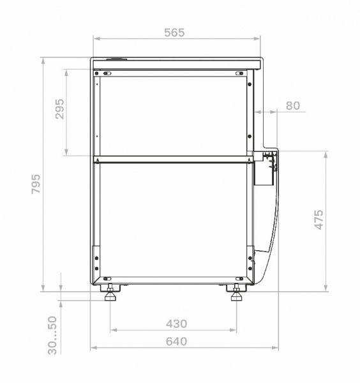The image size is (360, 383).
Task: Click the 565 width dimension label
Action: tap(174, 33)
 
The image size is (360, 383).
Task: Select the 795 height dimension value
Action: tap(36, 184)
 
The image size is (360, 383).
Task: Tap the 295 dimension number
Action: tap(59, 109)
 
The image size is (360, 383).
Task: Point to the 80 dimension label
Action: tap(292, 106)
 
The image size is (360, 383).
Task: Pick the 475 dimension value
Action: tap(319, 220)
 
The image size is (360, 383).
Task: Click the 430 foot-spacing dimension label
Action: tap(177, 324)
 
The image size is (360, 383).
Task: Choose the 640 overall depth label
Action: tap(176, 342)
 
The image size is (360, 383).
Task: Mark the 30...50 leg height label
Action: tap(52, 335)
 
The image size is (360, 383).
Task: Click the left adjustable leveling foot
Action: tap(110, 292)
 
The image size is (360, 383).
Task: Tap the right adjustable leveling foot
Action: tap(236, 292)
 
